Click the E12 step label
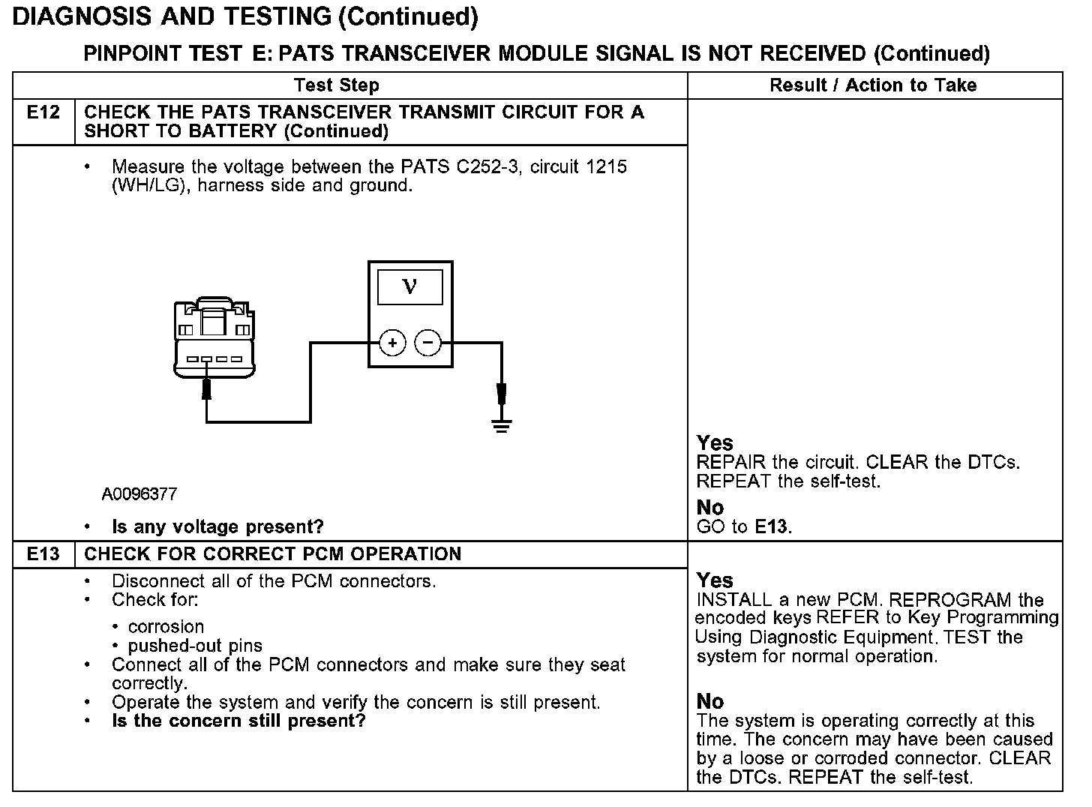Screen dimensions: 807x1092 pyautogui.click(x=43, y=112)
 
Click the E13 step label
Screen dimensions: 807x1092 pyautogui.click(x=43, y=554)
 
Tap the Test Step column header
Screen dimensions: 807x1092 pyautogui.click(x=337, y=85)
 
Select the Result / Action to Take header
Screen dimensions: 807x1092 pyautogui.click(x=873, y=85)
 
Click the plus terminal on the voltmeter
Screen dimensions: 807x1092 pyautogui.click(x=392, y=343)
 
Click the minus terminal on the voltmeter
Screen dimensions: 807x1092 pyautogui.click(x=428, y=343)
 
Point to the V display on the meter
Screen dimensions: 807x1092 pyautogui.click(x=409, y=286)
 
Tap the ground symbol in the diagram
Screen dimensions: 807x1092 pyautogui.click(x=502, y=425)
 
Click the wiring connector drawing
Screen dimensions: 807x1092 pyautogui.click(x=214, y=338)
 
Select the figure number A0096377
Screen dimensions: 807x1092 pyautogui.click(x=139, y=494)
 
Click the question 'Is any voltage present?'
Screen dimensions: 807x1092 pyautogui.click(x=217, y=526)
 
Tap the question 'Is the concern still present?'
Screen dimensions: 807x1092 pyautogui.click(x=238, y=721)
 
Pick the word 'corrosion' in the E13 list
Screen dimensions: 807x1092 pyautogui.click(x=166, y=626)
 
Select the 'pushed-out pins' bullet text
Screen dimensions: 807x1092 pyautogui.click(x=195, y=646)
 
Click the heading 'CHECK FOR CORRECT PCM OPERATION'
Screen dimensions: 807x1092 pyautogui.click(x=272, y=554)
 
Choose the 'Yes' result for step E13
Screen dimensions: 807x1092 pyautogui.click(x=715, y=580)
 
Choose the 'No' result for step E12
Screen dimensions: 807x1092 pyautogui.click(x=710, y=508)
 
